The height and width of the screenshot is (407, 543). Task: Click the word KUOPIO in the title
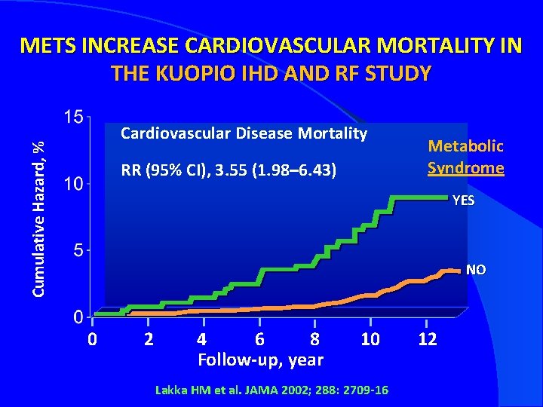180,73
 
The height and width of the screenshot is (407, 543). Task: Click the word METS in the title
48,46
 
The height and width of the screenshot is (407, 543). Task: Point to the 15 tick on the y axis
73,118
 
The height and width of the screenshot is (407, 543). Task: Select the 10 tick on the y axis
73,184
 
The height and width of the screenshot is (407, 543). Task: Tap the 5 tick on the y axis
78,251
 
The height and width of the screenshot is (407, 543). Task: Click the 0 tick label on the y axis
78,317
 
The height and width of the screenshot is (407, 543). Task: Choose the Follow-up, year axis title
260,360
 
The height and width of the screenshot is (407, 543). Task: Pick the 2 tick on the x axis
149,339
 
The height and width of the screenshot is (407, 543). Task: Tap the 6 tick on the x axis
259,339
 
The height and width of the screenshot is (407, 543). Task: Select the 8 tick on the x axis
315,339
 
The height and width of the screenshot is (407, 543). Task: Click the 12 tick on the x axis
428,339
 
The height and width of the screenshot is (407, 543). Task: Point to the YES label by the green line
463,200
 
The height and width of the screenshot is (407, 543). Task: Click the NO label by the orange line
476,269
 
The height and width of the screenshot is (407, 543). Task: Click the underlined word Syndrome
465,167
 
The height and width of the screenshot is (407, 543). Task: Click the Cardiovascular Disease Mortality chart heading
244,134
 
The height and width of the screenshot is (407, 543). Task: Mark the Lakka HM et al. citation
271,390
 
